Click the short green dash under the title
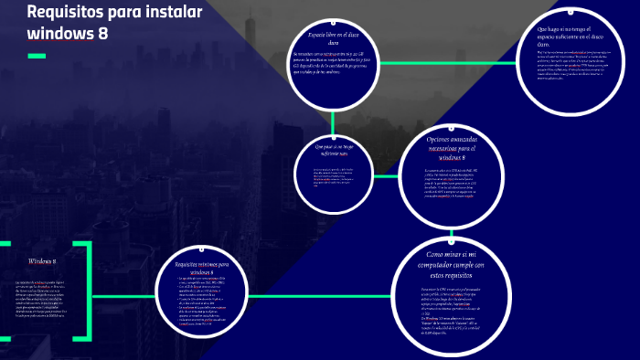tap(37, 57)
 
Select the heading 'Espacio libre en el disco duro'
tap(334, 37)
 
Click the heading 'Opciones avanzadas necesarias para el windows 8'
tap(452, 147)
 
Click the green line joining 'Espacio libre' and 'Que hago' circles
tap(448, 62)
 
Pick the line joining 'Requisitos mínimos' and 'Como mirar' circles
tap(319, 295)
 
